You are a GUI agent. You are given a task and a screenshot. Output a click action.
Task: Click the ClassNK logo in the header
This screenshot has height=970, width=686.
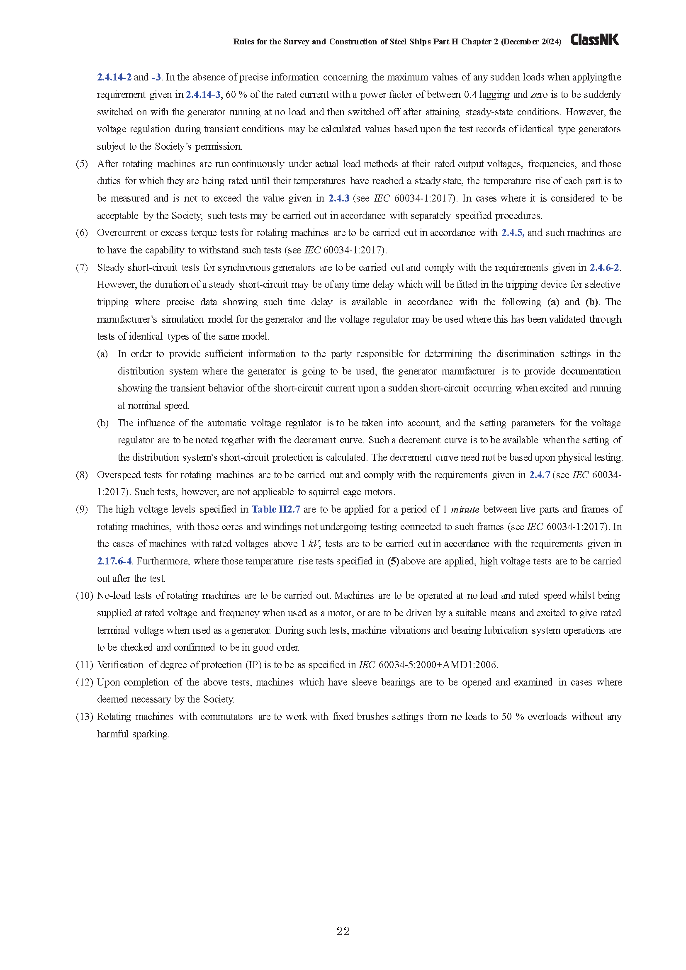[x=594, y=40]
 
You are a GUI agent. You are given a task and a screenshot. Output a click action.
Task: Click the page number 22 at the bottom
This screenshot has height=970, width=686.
[x=343, y=931]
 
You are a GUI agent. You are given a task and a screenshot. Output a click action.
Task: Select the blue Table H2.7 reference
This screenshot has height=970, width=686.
[x=276, y=509]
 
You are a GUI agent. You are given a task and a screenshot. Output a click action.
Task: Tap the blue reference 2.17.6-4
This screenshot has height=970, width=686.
[x=114, y=561]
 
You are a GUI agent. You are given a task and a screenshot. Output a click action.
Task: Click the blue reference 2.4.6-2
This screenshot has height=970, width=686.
[x=604, y=267]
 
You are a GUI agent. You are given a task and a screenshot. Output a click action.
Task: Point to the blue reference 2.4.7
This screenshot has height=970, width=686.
[x=540, y=475]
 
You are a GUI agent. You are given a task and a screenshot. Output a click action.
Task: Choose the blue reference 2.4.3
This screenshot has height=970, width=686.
[x=339, y=198]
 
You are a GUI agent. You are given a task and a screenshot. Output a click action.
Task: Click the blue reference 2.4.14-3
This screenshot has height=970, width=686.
[x=203, y=95]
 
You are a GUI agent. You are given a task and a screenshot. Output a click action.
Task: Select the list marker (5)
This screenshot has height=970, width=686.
[x=82, y=164]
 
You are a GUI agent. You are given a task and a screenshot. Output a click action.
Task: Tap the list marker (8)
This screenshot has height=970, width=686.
[x=82, y=475]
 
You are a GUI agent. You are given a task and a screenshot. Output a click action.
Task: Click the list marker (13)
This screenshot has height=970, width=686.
[x=84, y=717]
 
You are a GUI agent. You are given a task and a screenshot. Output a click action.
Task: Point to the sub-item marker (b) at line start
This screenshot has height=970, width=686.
[x=102, y=423]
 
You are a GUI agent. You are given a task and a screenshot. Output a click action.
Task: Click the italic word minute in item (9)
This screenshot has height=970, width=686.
[x=465, y=510]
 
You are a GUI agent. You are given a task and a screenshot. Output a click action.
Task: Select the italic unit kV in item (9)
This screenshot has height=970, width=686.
[x=314, y=544]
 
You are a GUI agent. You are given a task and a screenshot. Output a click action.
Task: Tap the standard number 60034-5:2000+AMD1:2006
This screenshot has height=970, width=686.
[x=438, y=665]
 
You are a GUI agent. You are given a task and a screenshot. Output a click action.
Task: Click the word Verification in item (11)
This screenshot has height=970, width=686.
[x=120, y=665]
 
